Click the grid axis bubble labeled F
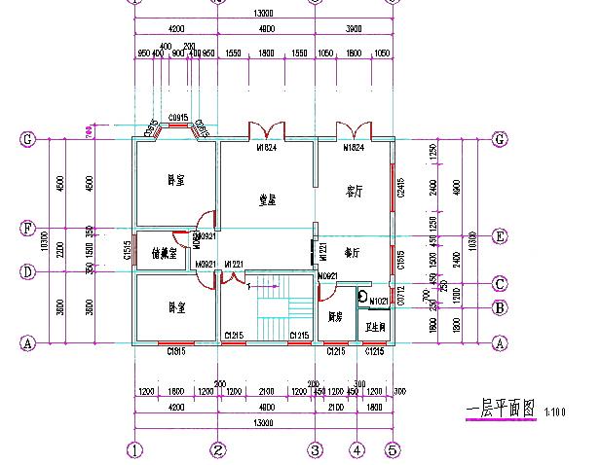28,232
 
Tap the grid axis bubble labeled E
500,234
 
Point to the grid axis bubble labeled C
500,284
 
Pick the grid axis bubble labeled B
500,308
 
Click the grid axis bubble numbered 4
357,450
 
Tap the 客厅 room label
355,192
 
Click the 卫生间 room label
375,328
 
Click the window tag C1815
176,351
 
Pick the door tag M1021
379,301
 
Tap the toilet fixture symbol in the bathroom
363,297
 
